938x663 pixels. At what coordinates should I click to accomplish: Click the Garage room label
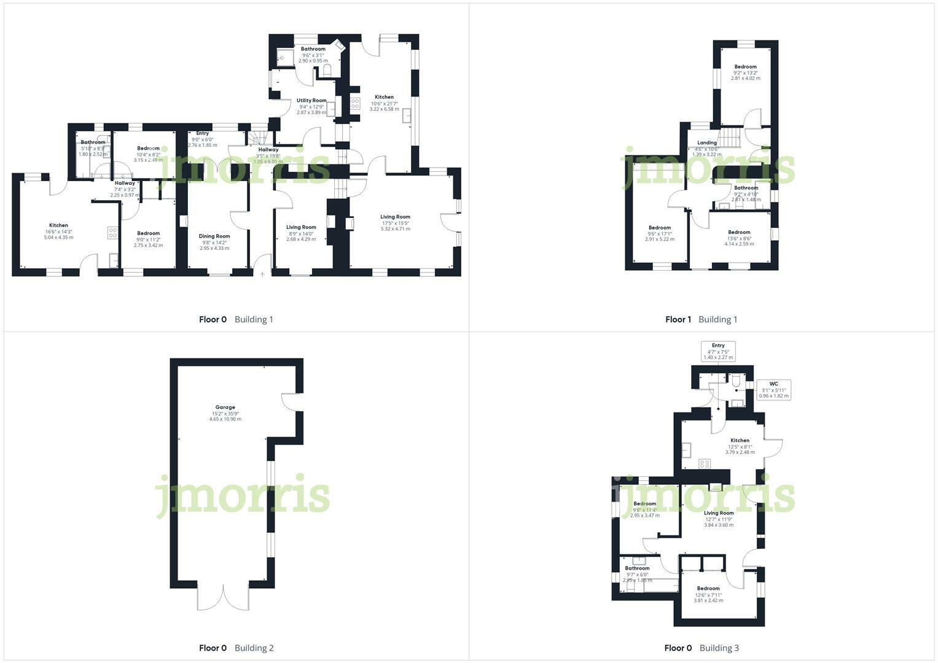[225, 407]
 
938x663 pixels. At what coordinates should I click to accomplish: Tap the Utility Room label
[311, 100]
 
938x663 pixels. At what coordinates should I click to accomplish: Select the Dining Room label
[214, 236]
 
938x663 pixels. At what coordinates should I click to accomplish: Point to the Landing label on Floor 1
[706, 142]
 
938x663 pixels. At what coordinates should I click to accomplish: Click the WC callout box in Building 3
[773, 390]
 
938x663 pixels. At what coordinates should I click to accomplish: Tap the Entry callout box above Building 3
[718, 351]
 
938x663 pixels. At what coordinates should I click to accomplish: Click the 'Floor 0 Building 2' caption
[236, 648]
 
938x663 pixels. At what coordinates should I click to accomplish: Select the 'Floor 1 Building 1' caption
[701, 319]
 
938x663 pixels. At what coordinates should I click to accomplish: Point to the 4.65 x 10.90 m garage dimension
[225, 419]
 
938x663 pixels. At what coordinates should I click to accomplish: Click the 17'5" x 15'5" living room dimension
[395, 223]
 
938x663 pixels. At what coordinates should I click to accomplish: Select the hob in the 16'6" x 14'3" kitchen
[113, 232]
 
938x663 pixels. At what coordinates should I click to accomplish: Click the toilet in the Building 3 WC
[736, 381]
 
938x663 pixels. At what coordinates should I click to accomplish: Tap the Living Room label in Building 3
[719, 513]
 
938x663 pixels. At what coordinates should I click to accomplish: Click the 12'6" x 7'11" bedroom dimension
[708, 594]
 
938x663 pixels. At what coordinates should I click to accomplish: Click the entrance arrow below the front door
[262, 275]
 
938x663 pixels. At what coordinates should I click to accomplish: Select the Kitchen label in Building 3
[740, 440]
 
